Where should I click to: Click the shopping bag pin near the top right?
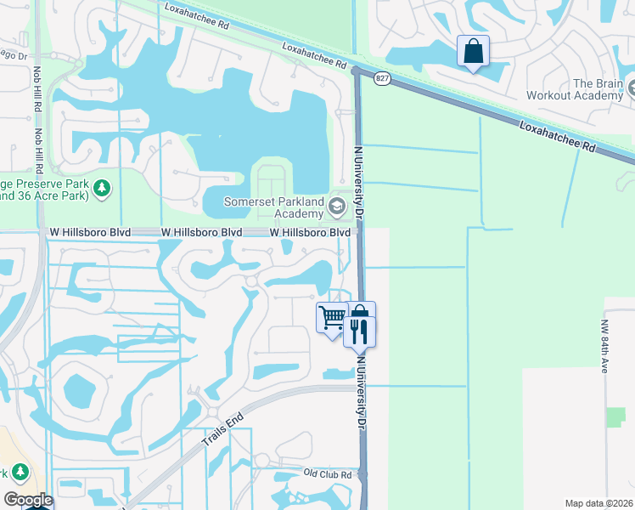coord(473,51)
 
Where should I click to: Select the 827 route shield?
coord(383,78)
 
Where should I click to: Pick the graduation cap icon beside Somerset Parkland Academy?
coord(338,206)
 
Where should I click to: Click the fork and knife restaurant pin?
coord(359,329)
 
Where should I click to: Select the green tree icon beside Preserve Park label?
coord(102,187)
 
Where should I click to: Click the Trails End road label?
coord(222,431)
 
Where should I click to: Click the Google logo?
coord(28,500)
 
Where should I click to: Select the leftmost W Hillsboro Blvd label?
coord(89,232)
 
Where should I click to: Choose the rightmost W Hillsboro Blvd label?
coord(310,232)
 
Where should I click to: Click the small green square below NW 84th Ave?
coord(616,417)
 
